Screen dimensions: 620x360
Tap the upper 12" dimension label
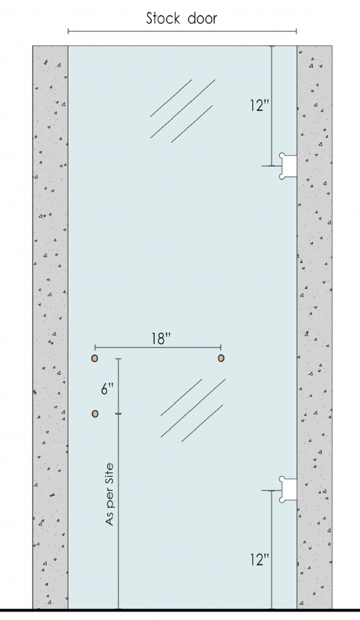tap(259, 106)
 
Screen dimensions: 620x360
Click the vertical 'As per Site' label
tap(110, 493)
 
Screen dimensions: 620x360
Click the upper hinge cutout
tap(288, 166)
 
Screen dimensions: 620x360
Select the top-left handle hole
tap(95, 358)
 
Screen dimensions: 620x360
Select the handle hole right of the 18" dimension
tap(221, 358)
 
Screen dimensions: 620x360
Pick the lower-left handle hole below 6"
tap(95, 414)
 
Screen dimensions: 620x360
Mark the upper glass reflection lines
tap(182, 110)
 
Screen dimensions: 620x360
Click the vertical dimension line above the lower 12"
tap(272, 527)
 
